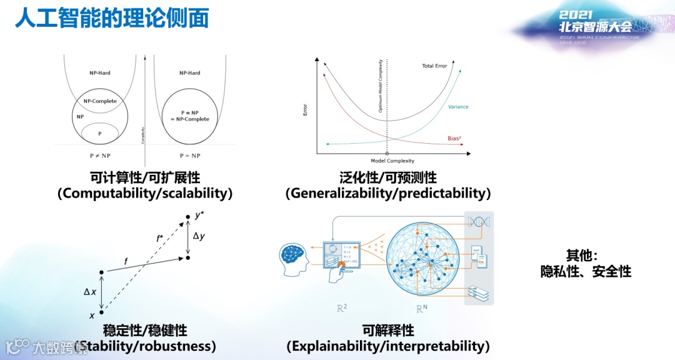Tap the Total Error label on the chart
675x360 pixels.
[434, 66]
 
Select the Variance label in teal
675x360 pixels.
[458, 107]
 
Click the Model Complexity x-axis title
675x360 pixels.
[392, 161]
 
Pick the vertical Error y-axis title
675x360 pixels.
[306, 109]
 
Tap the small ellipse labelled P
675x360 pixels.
[99, 132]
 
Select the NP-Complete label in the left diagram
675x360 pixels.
[100, 101]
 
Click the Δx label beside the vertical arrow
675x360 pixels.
[90, 291]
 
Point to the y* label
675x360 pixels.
[200, 216]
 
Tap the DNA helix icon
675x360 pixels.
[478, 222]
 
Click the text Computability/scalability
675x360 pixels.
[145, 193]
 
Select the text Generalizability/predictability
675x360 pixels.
[388, 193]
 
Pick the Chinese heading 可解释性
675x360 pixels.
[388, 329]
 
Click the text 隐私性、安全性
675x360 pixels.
[586, 271]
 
